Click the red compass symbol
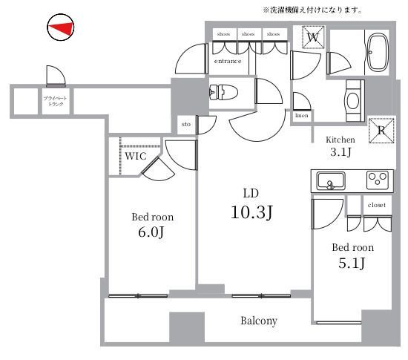60,28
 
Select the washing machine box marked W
312,37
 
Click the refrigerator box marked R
381,128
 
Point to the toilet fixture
222,93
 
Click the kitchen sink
329,180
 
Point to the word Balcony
259,321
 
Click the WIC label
135,157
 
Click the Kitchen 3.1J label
340,146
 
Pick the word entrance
228,62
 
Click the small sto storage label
185,125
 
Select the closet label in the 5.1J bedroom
375,204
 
